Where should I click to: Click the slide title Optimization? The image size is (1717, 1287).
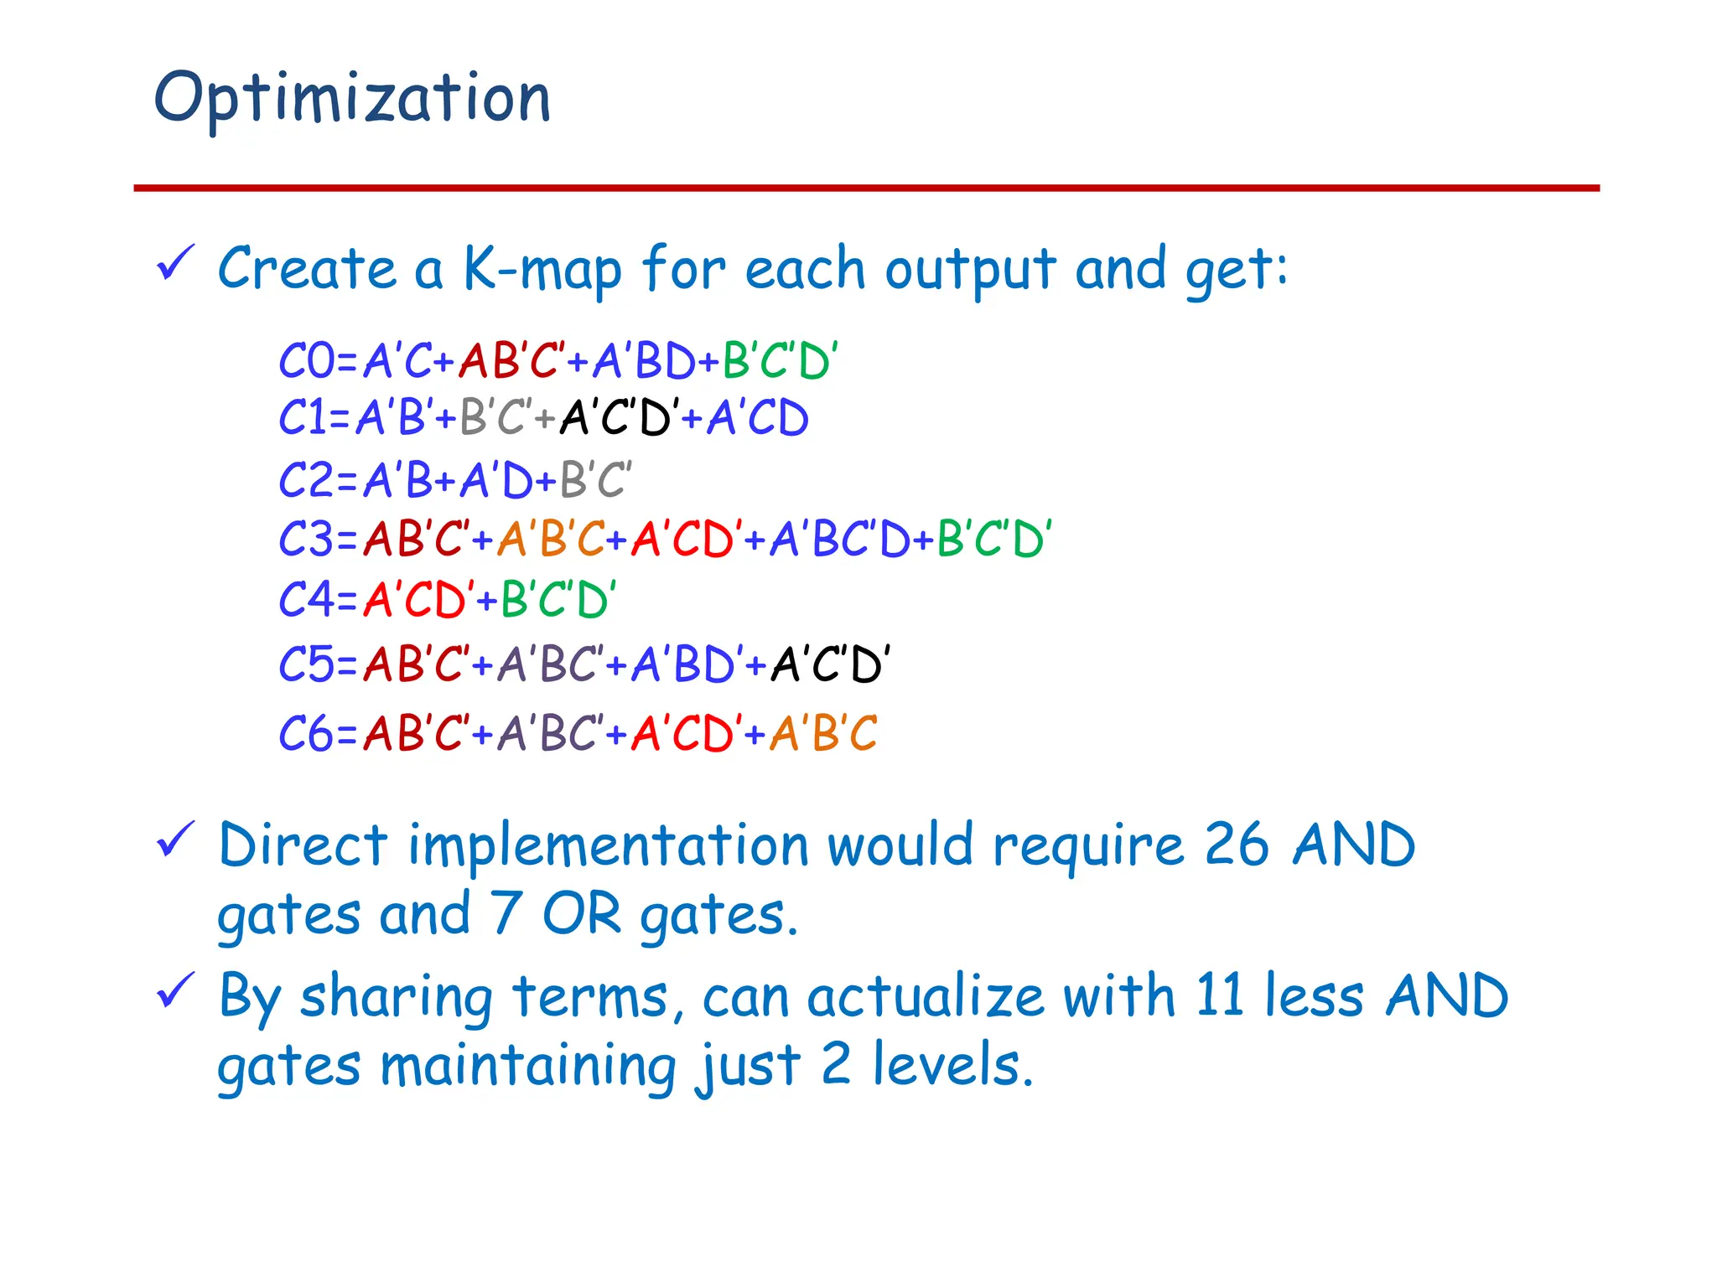tap(352, 99)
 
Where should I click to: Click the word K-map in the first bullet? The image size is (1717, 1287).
tap(542, 270)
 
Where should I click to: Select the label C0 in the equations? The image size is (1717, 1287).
tap(306, 362)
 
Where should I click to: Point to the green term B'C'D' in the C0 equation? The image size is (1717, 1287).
tap(780, 362)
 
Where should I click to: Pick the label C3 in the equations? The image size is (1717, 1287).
tap(306, 539)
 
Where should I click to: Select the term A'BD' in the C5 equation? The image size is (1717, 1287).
tap(683, 665)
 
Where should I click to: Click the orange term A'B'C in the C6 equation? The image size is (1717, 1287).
tap(823, 734)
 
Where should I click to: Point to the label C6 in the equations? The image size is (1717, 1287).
tap(306, 734)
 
